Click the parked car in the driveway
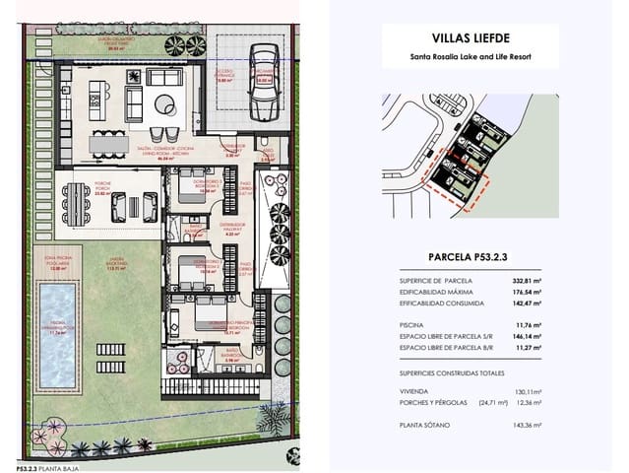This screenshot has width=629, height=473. coord(262,83)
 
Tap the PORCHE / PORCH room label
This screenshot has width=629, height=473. coord(104,183)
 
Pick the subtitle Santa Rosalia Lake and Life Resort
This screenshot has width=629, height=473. coord(469,57)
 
